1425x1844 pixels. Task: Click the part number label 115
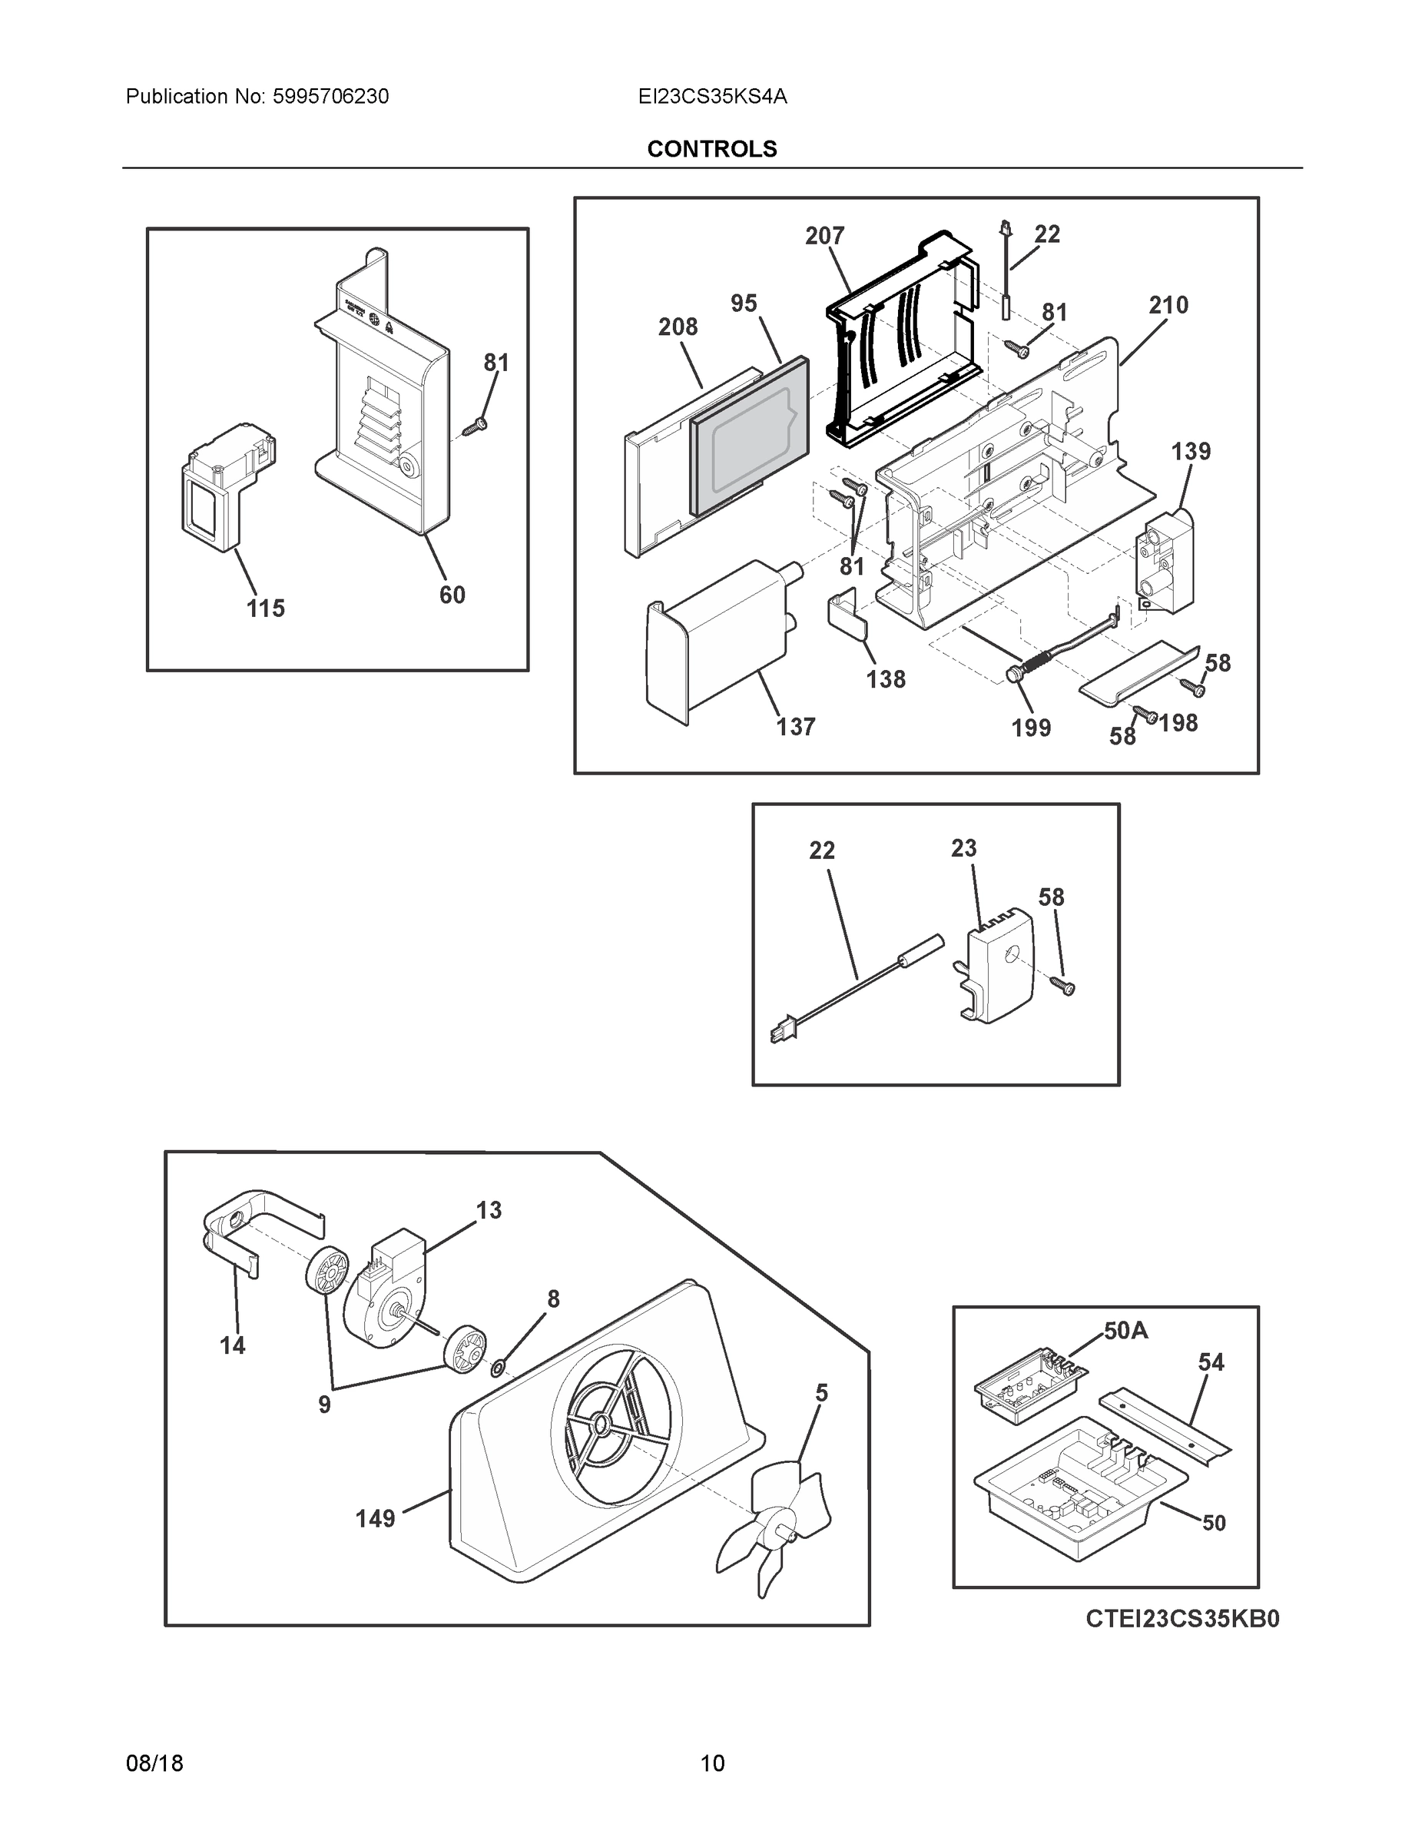pyautogui.click(x=265, y=608)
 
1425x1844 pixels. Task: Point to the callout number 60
pyautogui.click(x=452, y=595)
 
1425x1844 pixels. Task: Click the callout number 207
pyautogui.click(x=824, y=236)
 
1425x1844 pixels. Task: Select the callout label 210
pyautogui.click(x=1168, y=305)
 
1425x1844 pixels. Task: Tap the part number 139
pyautogui.click(x=1190, y=452)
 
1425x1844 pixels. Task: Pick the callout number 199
pyautogui.click(x=1031, y=728)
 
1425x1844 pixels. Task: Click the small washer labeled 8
pyautogui.click(x=498, y=1367)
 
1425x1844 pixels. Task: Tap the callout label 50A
pyautogui.click(x=1125, y=1332)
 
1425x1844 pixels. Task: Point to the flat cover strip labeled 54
pyautogui.click(x=1165, y=1426)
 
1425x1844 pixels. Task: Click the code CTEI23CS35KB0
pyautogui.click(x=1182, y=1619)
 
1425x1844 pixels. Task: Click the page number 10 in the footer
pyautogui.click(x=711, y=1764)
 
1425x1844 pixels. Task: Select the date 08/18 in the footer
pyautogui.click(x=154, y=1764)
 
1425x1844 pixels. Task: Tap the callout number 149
pyautogui.click(x=375, y=1519)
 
